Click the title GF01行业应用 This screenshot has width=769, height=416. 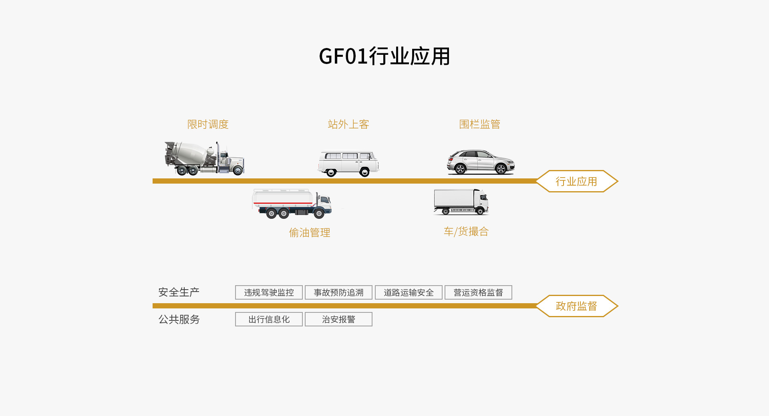[384, 56]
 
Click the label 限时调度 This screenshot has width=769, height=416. [208, 124]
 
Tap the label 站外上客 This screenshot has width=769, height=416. [348, 124]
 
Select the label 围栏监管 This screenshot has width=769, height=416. [479, 124]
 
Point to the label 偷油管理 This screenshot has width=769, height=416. [310, 232]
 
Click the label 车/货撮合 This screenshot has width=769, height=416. [466, 232]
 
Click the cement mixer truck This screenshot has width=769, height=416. [204, 159]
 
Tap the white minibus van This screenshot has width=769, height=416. [348, 163]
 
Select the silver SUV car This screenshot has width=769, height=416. [480, 162]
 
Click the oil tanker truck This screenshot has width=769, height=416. [292, 204]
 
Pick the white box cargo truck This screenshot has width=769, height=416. [461, 202]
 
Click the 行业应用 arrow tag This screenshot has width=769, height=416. [576, 182]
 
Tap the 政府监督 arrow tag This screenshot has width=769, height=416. [576, 306]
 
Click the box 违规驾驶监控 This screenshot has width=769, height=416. [269, 292]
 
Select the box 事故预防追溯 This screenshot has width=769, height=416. [338, 292]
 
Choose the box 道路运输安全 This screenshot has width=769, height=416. [409, 292]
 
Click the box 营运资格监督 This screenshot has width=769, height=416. [478, 292]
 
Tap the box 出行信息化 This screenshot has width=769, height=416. [269, 319]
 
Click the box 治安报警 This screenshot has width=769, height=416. [338, 319]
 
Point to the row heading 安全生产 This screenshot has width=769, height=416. [179, 292]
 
